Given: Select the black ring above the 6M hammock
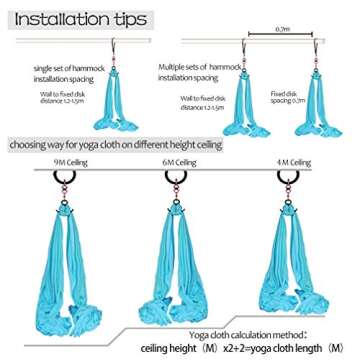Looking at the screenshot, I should tap(182, 188).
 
